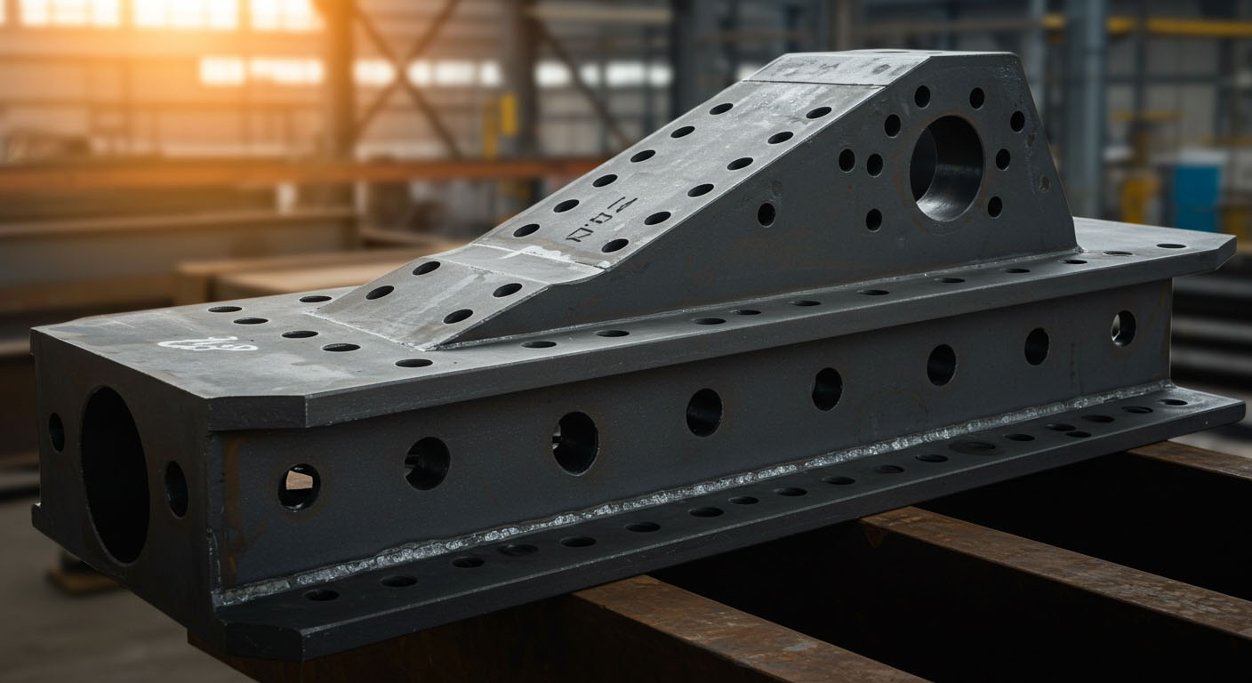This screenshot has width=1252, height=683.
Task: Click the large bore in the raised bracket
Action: [x=946, y=167]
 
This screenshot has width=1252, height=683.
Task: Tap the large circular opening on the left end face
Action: [x=115, y=475]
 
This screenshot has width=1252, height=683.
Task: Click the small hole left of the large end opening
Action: [x=56, y=431]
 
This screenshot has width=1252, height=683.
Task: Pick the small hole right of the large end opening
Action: [x=176, y=488]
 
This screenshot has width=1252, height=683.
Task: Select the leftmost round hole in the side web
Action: [x=298, y=486]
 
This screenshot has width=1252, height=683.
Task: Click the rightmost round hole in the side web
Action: [x=1123, y=328]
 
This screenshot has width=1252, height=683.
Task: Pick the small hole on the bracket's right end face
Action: [x=1043, y=183]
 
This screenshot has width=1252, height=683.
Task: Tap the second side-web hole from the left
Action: [x=427, y=462]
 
